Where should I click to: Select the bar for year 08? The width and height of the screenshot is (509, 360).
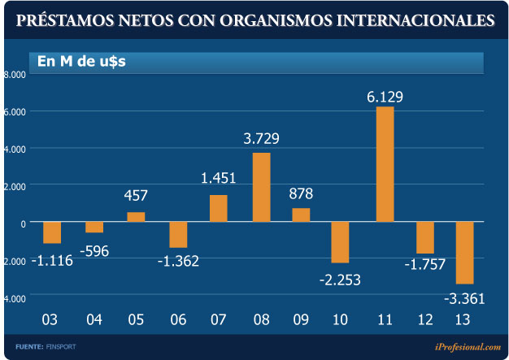pyautogui.click(x=261, y=187)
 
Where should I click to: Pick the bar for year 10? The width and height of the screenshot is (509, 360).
pyautogui.click(x=340, y=242)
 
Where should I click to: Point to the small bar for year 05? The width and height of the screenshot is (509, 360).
pyautogui.click(x=136, y=217)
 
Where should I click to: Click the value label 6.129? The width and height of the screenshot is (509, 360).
pyautogui.click(x=385, y=98)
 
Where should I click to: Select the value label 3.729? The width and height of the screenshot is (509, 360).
pyautogui.click(x=261, y=139)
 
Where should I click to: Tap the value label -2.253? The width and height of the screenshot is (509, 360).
pyautogui.click(x=339, y=280)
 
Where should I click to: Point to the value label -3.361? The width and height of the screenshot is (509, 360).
pyautogui.click(x=464, y=299)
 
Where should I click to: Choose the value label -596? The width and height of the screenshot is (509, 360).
pyautogui.click(x=96, y=250)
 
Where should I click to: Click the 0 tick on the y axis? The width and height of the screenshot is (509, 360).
pyautogui.click(x=22, y=223)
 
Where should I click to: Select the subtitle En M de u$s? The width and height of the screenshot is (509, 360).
pyautogui.click(x=76, y=61)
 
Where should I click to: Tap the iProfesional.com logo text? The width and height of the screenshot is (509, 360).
pyautogui.click(x=468, y=347)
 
